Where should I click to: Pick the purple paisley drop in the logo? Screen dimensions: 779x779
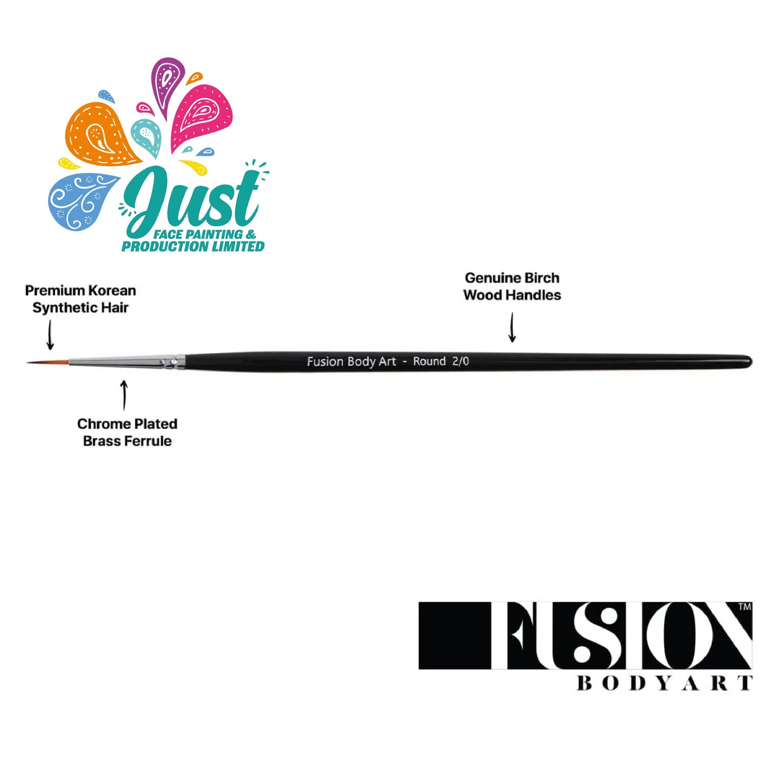(167, 86)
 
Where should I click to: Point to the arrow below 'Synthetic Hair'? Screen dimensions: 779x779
(50, 335)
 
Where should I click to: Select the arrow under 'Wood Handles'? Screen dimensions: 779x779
(512, 327)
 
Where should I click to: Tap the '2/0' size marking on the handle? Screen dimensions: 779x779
(460, 361)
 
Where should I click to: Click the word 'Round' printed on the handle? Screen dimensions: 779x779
(429, 361)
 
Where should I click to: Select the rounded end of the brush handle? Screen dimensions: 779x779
(748, 362)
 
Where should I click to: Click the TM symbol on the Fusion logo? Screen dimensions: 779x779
(744, 607)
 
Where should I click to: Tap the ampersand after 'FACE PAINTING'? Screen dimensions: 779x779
(251, 235)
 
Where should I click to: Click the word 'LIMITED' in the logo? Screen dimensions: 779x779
(238, 246)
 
